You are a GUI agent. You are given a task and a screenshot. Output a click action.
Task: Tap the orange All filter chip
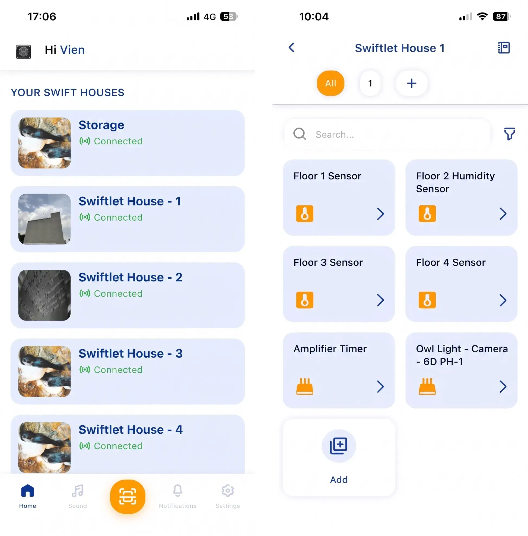tap(330, 83)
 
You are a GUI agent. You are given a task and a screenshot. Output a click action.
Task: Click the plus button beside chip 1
tap(412, 83)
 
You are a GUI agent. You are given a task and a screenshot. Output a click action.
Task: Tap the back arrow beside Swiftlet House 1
tap(291, 48)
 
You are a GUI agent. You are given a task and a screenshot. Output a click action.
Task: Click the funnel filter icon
tap(510, 134)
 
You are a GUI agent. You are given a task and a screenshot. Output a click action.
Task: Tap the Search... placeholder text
tap(335, 135)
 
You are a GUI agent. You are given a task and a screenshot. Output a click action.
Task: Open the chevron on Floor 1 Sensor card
tap(380, 214)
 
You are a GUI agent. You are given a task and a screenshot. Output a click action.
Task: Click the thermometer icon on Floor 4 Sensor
tap(427, 300)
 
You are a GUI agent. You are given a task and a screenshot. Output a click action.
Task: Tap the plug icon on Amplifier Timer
tap(305, 386)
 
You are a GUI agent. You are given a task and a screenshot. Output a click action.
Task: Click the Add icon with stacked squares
tap(339, 446)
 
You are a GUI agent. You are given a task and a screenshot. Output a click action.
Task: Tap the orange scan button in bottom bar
tap(128, 497)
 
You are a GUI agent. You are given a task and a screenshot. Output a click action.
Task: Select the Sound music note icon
tap(77, 490)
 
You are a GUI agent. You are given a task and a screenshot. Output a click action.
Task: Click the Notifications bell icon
tap(177, 490)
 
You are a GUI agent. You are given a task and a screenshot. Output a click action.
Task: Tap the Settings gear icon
tap(228, 490)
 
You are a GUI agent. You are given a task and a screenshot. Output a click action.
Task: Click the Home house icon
tap(27, 490)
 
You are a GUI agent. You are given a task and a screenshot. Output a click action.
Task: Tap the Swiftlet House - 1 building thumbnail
tap(44, 219)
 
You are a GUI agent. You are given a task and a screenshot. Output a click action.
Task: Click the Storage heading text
tap(101, 125)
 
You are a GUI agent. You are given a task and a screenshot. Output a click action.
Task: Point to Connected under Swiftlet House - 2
tap(118, 294)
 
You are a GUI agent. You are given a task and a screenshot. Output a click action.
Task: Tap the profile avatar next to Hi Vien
tap(24, 52)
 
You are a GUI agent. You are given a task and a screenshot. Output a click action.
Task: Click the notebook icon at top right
tap(504, 48)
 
